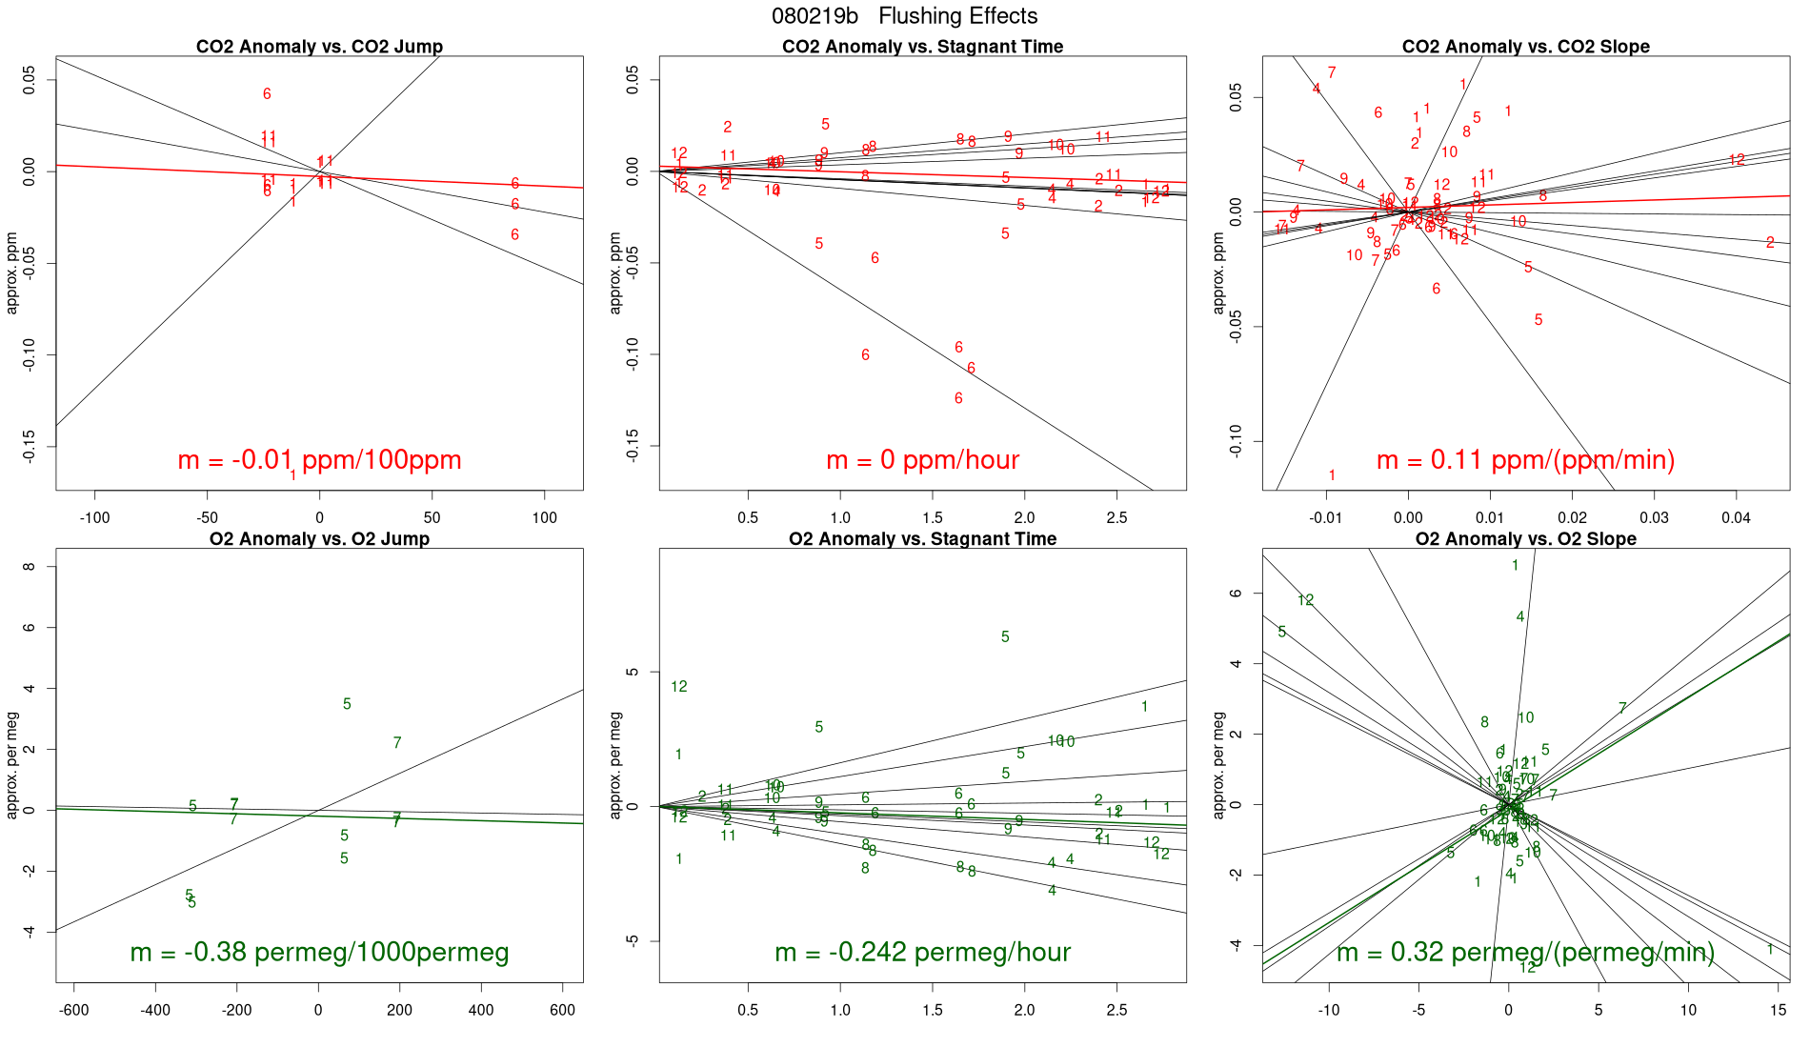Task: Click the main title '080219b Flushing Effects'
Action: [x=904, y=16]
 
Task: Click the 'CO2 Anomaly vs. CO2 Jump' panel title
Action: [x=319, y=47]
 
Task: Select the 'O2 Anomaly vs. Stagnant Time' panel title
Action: [x=922, y=539]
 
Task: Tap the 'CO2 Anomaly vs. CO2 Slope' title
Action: [x=1525, y=47]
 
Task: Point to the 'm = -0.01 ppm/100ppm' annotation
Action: [x=319, y=460]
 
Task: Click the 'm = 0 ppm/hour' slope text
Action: [x=922, y=460]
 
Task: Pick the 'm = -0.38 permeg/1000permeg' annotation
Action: [x=319, y=952]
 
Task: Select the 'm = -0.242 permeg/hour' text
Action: [x=922, y=952]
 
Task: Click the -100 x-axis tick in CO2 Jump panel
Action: [x=94, y=518]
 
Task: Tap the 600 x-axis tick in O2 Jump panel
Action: [x=563, y=1010]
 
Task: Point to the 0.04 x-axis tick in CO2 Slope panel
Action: [x=1736, y=518]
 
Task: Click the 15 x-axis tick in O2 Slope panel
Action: [x=1779, y=1010]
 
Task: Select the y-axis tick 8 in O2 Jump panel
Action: [x=29, y=567]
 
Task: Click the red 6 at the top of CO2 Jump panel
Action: [x=267, y=94]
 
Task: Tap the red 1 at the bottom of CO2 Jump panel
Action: [x=292, y=474]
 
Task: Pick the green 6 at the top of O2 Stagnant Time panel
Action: [x=1005, y=637]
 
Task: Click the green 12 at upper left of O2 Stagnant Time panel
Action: [x=678, y=687]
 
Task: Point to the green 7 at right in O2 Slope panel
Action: [x=1622, y=709]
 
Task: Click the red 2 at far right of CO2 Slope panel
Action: [x=1770, y=243]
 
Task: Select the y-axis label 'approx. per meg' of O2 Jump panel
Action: [x=12, y=765]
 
